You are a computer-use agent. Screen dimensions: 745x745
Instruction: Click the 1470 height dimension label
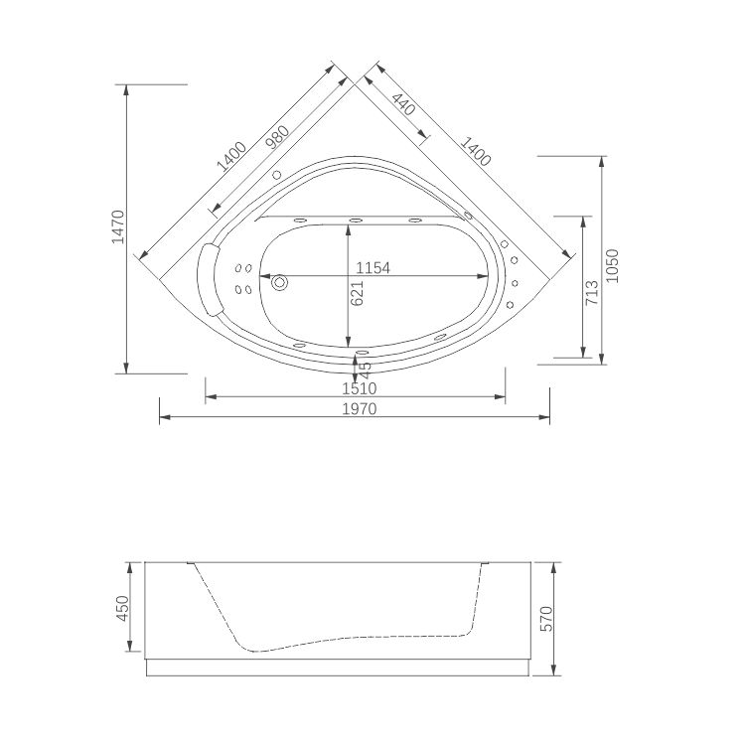(x=116, y=227)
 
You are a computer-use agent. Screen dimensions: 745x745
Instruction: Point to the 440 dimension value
(x=404, y=104)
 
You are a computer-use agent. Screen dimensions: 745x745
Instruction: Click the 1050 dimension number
(x=612, y=265)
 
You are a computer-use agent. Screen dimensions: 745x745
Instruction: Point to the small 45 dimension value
(x=366, y=369)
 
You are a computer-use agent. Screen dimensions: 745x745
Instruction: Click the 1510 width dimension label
(x=356, y=387)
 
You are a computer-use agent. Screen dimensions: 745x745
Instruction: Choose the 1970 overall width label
(x=356, y=408)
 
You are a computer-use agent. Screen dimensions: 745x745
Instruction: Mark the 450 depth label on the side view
(x=123, y=607)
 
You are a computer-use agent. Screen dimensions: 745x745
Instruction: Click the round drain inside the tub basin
(x=279, y=283)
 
